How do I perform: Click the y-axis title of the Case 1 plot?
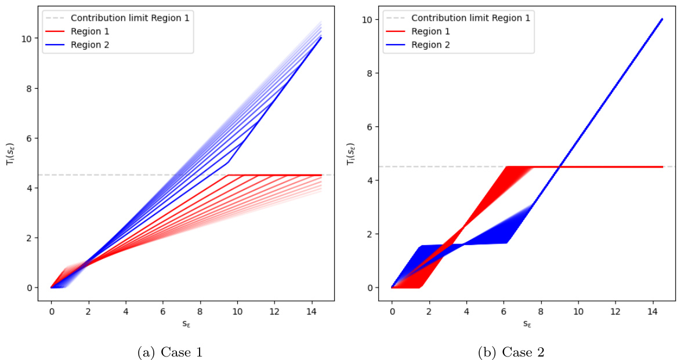pyautogui.click(x=10, y=154)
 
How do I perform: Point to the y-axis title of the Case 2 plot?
pyautogui.click(x=350, y=154)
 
